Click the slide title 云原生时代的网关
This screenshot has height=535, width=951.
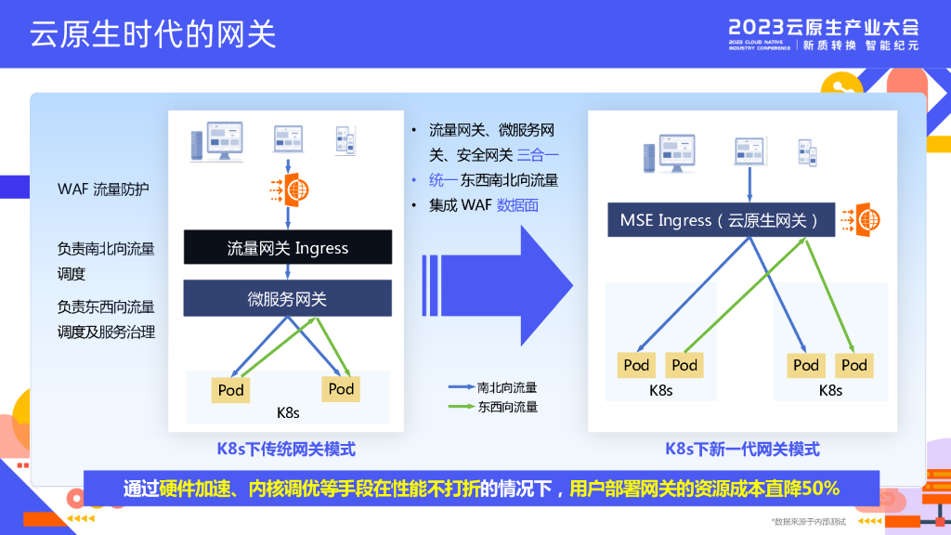click(x=153, y=34)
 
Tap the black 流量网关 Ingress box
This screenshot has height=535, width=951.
click(x=288, y=248)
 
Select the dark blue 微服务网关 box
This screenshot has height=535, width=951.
click(x=288, y=299)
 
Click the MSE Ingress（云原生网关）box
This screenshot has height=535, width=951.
click(x=720, y=220)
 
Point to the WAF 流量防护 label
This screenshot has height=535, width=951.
click(x=103, y=189)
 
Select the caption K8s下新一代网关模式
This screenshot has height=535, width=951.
click(x=742, y=450)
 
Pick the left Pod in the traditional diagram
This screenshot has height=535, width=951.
click(x=230, y=390)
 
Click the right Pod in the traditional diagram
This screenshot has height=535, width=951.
click(x=341, y=388)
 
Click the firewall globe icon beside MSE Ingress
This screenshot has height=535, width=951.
click(x=865, y=220)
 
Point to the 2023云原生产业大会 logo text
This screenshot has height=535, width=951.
click(x=824, y=26)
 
